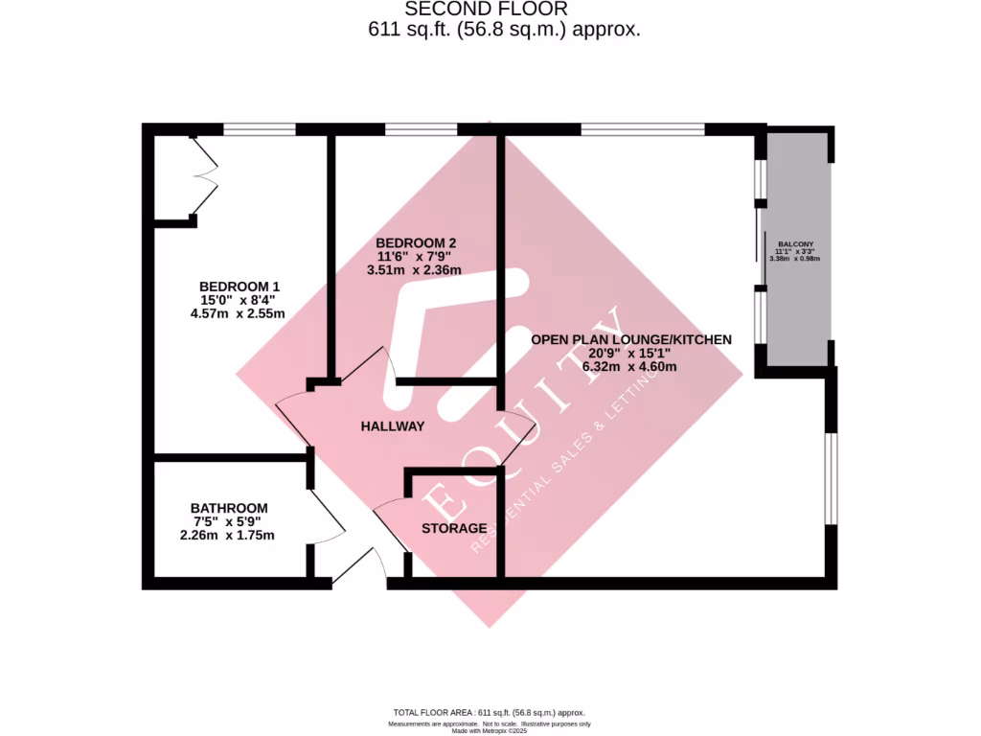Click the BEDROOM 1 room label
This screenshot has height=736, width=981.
[x=240, y=287]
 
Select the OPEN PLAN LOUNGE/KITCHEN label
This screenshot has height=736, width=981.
[x=631, y=339]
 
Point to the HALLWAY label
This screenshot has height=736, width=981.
[x=392, y=425]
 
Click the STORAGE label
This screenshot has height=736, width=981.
[x=454, y=528]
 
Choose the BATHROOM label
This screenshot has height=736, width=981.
[x=229, y=508]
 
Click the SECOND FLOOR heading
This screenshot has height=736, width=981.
[x=487, y=9]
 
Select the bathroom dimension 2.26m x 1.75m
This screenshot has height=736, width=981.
[x=227, y=535]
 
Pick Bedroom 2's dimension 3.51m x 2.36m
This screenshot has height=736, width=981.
[x=414, y=269]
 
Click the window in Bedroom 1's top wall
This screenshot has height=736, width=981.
[x=260, y=129]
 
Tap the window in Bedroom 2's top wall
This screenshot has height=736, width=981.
[x=422, y=129]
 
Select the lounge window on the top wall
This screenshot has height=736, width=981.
[x=643, y=129]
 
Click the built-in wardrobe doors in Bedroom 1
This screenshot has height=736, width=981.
[x=205, y=177]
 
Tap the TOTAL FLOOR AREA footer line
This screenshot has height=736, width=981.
[x=489, y=713]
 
